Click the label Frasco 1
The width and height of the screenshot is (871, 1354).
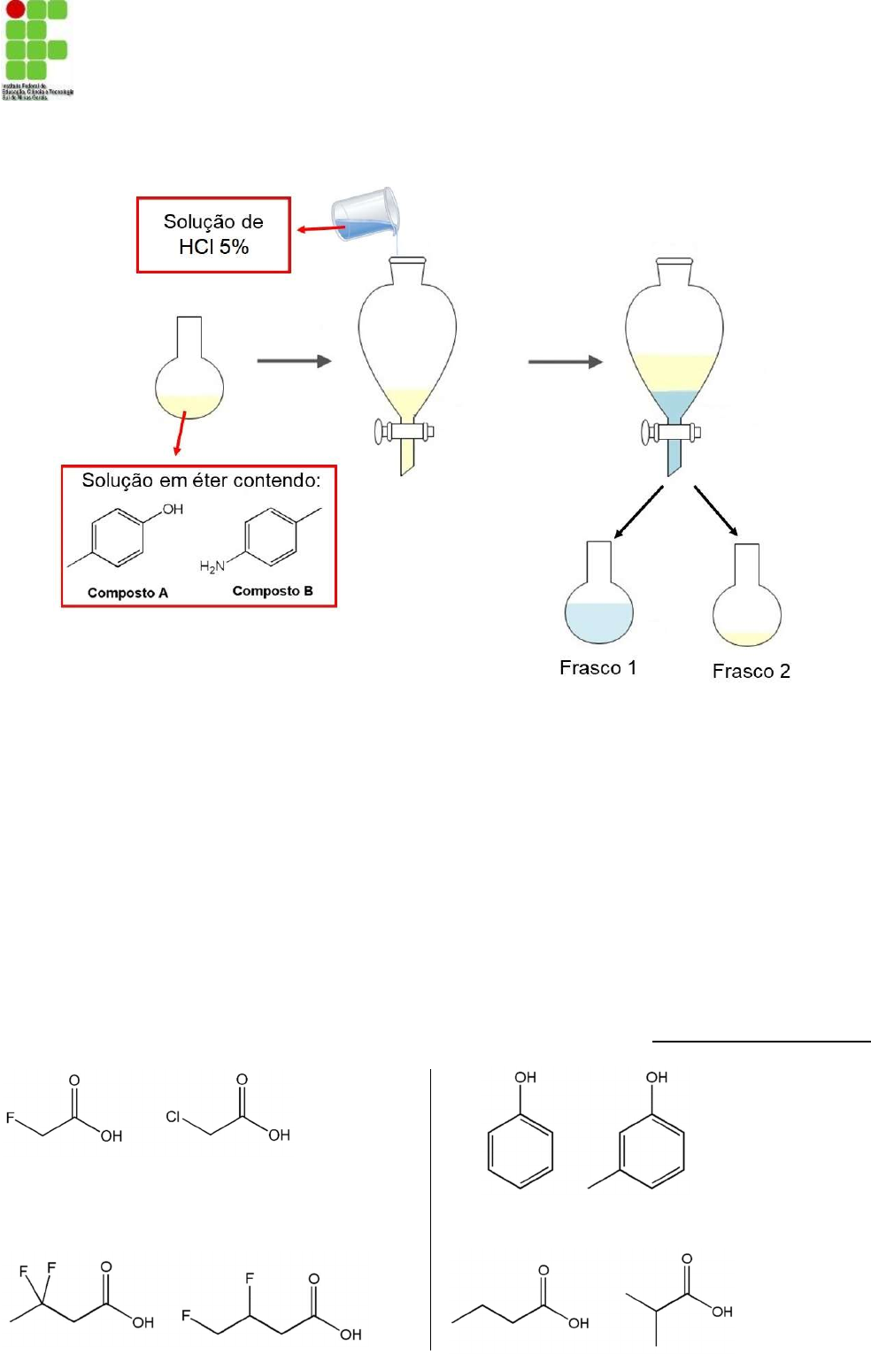(x=597, y=668)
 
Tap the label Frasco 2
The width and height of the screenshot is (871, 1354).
(x=751, y=672)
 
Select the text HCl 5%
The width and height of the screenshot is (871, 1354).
(x=213, y=247)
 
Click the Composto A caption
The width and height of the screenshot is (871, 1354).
(x=127, y=593)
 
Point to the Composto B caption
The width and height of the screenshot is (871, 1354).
(x=273, y=591)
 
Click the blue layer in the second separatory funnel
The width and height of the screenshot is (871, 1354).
(x=674, y=404)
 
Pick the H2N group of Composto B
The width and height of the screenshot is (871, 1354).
(x=212, y=566)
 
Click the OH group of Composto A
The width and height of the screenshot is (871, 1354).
(x=173, y=510)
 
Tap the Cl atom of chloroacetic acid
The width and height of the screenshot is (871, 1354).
(x=173, y=1117)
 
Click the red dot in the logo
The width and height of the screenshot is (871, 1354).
(x=15, y=10)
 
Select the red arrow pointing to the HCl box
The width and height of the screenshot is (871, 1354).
(x=320, y=229)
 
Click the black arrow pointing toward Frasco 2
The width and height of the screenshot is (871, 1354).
(x=715, y=511)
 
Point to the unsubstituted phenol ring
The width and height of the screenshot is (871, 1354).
(x=520, y=1150)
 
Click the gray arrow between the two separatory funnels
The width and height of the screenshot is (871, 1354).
(x=565, y=361)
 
